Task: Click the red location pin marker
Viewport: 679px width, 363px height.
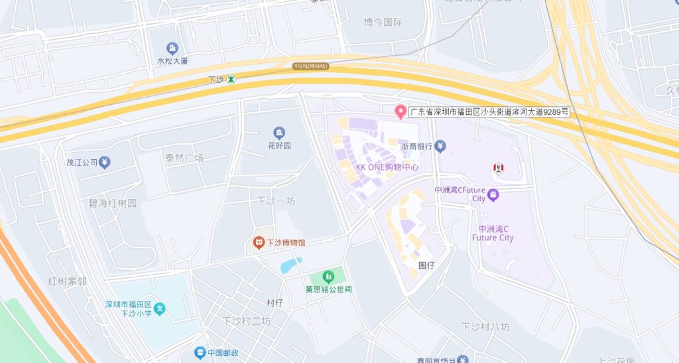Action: pyautogui.click(x=400, y=111)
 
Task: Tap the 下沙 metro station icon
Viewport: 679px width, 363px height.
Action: pyautogui.click(x=231, y=80)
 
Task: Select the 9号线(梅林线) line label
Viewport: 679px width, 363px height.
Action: pyautogui.click(x=311, y=66)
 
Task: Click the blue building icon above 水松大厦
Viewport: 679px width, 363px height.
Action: pyautogui.click(x=172, y=48)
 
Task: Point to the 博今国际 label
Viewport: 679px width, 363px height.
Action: pyautogui.click(x=383, y=22)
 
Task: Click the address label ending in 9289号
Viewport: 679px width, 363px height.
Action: pyautogui.click(x=489, y=112)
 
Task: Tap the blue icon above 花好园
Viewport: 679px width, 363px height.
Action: pyautogui.click(x=278, y=133)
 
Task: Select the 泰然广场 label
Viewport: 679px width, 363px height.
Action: pyautogui.click(x=184, y=158)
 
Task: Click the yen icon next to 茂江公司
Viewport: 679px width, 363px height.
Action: pyautogui.click(x=105, y=162)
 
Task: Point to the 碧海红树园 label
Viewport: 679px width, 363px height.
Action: pyautogui.click(x=113, y=203)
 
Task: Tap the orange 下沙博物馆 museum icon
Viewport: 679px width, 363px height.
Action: pyautogui.click(x=259, y=243)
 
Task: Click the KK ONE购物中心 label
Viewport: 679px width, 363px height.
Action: pyautogui.click(x=387, y=167)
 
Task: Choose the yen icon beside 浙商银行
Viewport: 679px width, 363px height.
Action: pyautogui.click(x=440, y=146)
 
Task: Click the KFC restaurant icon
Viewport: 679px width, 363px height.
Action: pyautogui.click(x=498, y=169)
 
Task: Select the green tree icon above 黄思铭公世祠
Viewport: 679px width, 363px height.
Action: pyautogui.click(x=327, y=276)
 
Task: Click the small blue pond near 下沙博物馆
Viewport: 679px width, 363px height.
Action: pyautogui.click(x=290, y=265)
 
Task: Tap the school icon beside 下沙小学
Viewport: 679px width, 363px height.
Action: pyautogui.click(x=160, y=309)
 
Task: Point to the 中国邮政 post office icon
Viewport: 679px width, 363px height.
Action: pyautogui.click(x=200, y=352)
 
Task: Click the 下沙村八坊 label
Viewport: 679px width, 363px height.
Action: pyautogui.click(x=485, y=327)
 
